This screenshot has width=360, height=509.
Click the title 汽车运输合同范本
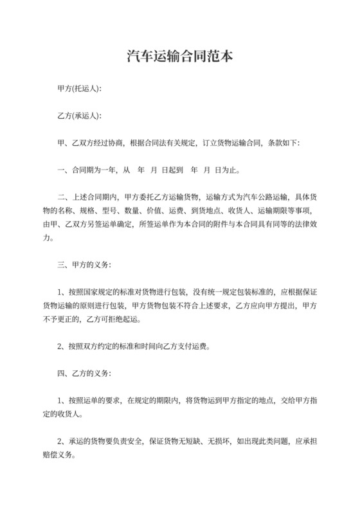179,57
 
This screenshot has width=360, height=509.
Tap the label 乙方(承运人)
79,116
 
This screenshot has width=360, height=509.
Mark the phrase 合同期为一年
93,170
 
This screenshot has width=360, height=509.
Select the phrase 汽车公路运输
263,197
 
